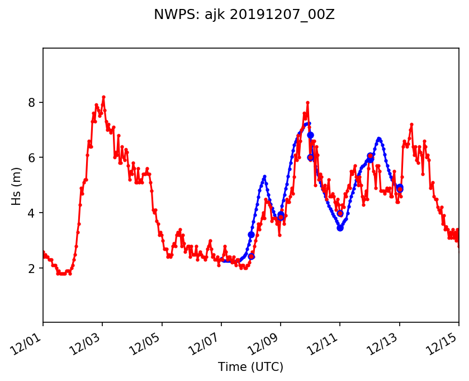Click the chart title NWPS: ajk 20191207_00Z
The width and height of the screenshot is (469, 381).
[244, 15]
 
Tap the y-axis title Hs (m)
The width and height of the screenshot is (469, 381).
[17, 185]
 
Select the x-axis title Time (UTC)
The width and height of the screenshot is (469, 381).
[250, 367]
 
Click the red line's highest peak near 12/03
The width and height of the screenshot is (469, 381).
[103, 97]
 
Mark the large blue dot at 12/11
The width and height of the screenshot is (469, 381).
[340, 228]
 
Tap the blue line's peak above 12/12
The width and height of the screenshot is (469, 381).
[379, 138]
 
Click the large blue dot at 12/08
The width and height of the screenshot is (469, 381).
[251, 235]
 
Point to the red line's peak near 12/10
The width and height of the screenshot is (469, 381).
[307, 102]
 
